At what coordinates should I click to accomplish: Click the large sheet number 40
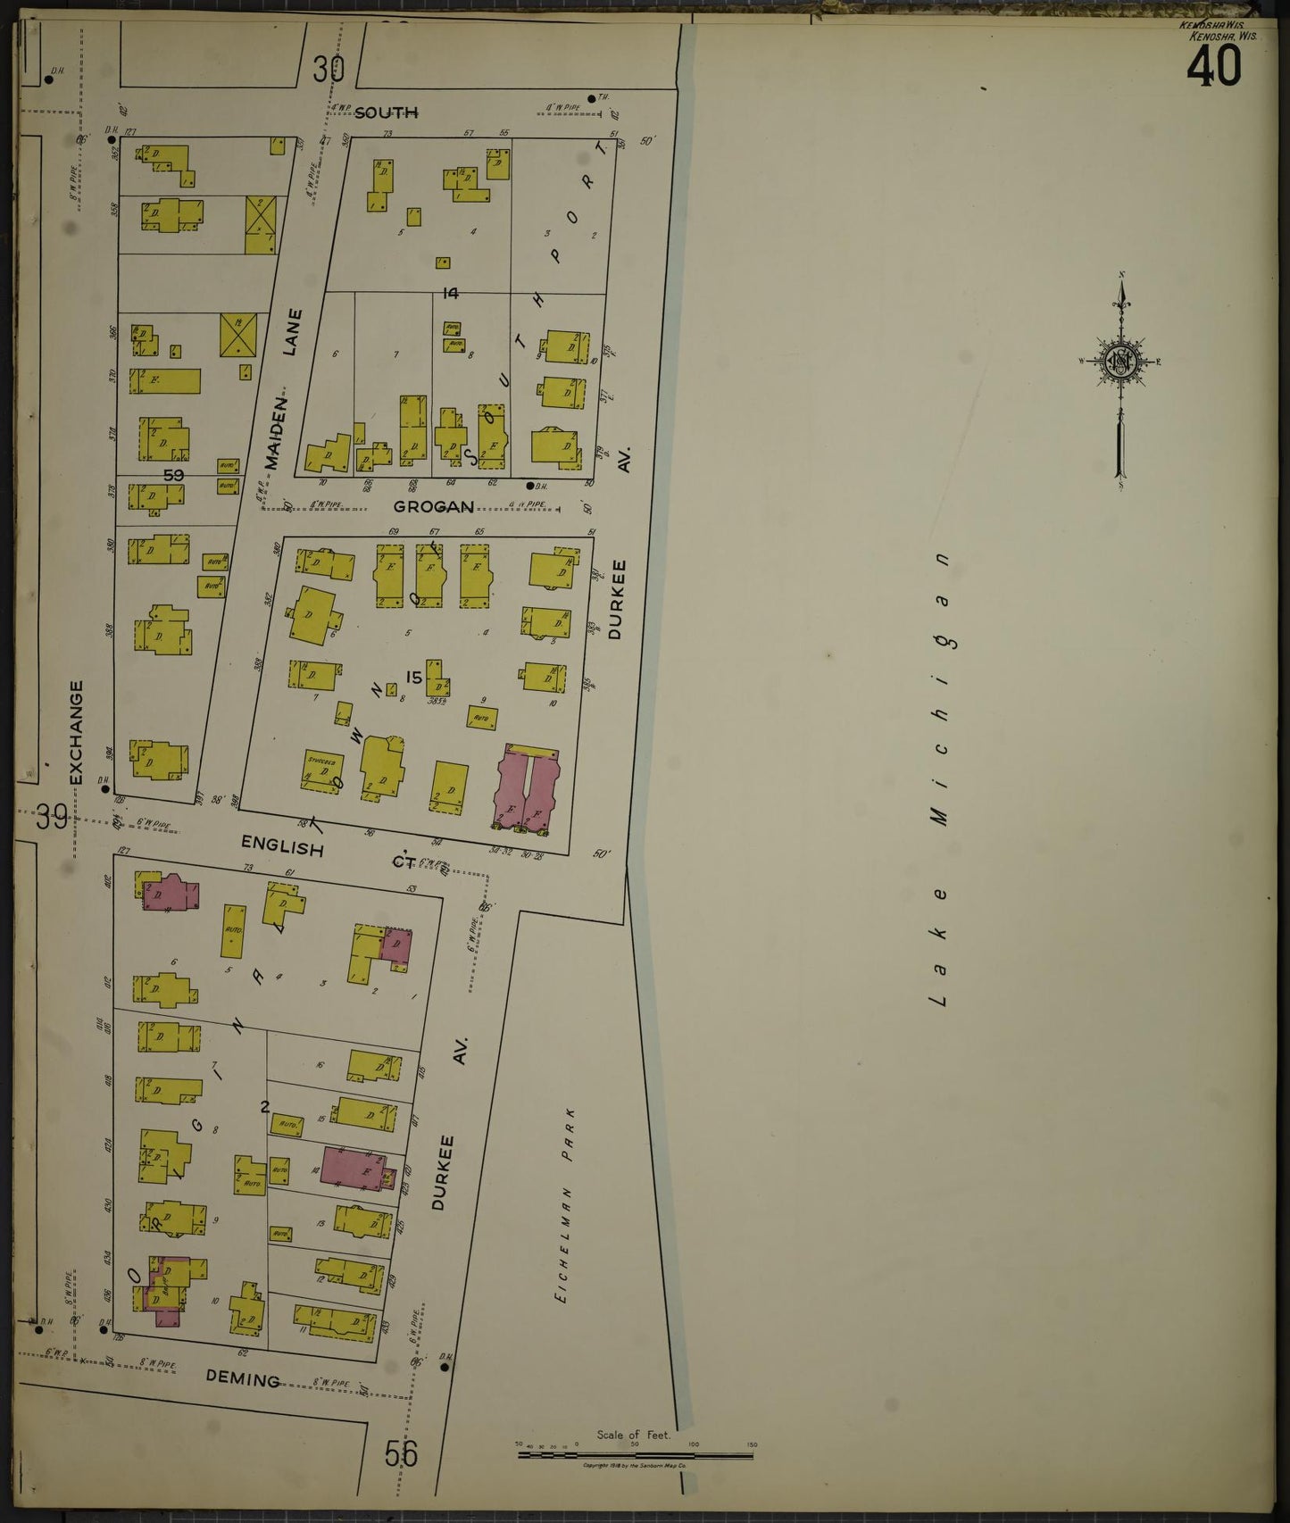point(1213,67)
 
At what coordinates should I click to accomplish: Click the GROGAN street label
point(434,507)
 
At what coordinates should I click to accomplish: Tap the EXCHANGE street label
point(77,732)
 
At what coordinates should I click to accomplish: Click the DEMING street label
point(242,1379)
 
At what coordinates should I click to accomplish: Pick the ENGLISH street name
point(282,847)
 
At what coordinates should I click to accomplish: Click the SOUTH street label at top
point(387,112)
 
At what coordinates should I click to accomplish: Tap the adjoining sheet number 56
point(401,1454)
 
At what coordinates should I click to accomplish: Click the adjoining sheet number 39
point(52,816)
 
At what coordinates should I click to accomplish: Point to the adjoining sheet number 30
point(329,69)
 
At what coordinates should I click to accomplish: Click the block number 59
point(173,475)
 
